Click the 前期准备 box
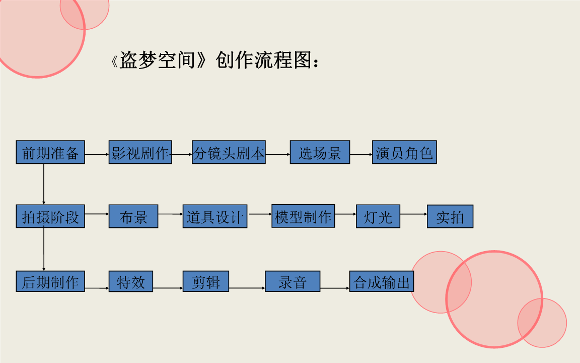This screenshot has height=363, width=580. [50, 152]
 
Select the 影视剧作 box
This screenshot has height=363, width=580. [140, 152]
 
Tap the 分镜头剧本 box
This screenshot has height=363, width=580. [229, 152]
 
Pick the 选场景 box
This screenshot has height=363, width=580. [320, 152]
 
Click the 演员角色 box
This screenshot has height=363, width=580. [404, 152]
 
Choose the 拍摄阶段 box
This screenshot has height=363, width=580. [50, 216]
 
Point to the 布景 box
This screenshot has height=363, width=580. [133, 216]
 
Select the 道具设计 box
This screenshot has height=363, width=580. [215, 216]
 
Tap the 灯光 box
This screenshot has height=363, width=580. [378, 216]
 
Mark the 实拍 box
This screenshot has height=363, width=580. [450, 216]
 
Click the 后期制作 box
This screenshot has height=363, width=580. [50, 281]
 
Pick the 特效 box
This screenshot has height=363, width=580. [131, 281]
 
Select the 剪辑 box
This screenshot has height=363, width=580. [206, 281]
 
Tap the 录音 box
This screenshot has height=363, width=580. [293, 281]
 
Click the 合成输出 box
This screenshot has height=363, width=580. [382, 281]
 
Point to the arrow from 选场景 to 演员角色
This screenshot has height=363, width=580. [361, 154]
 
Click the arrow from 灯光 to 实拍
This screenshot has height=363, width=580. [413, 214]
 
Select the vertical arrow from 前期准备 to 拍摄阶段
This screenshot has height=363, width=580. [44, 184]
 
